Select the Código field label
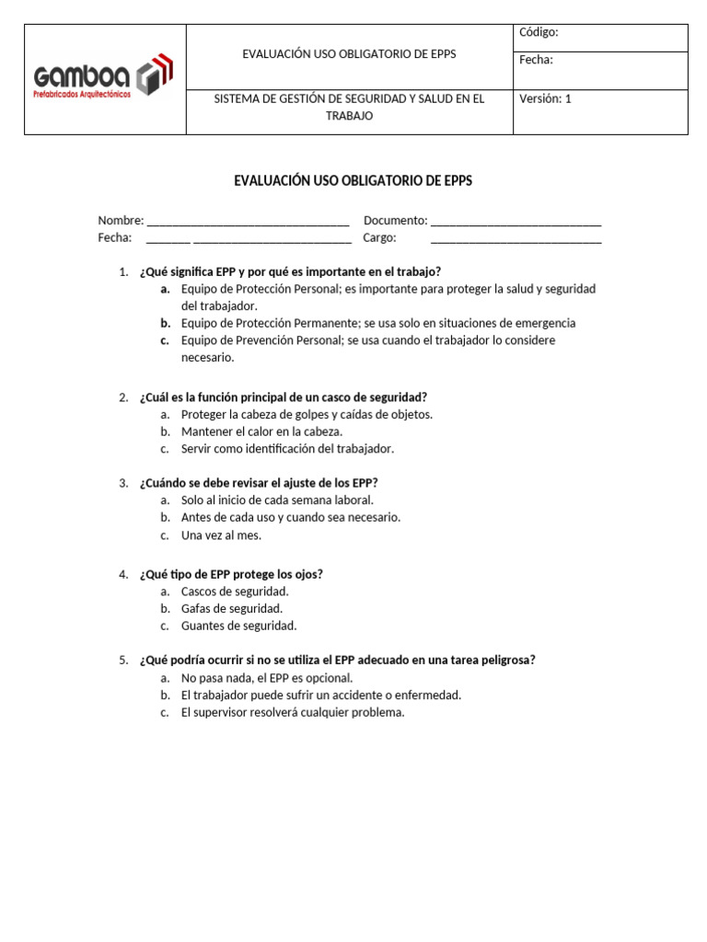(539, 32)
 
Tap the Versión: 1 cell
(545, 98)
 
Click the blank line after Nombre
(248, 221)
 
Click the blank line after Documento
(516, 221)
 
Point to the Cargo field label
(379, 237)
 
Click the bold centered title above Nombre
(353, 180)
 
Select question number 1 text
(290, 271)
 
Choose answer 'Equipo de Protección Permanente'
(377, 323)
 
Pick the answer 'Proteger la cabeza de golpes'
(307, 414)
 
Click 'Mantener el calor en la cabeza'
(261, 431)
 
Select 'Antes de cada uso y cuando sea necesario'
(291, 517)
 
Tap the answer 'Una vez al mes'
(221, 534)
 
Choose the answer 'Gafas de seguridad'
(232, 608)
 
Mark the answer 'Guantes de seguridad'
(238, 626)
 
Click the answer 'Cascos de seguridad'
(235, 592)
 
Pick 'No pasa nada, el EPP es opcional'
(267, 678)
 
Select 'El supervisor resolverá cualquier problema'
(293, 712)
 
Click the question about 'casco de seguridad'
(283, 397)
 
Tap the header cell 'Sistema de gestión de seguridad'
(349, 107)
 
